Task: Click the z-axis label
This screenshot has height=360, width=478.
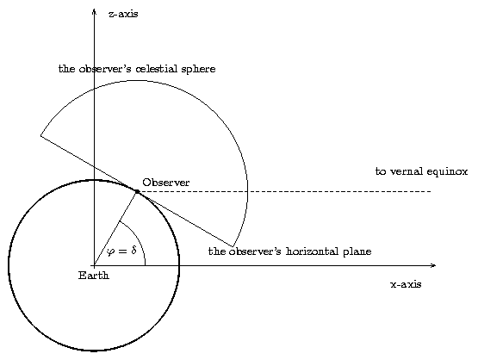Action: click(x=123, y=14)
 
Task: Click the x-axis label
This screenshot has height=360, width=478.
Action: click(x=406, y=284)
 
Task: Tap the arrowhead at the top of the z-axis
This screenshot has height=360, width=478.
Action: click(x=95, y=11)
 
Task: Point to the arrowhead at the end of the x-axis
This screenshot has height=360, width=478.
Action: click(x=433, y=265)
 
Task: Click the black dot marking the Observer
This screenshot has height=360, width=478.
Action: click(x=137, y=191)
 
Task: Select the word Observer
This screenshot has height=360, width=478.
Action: click(x=166, y=183)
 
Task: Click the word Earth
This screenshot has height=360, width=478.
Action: click(x=94, y=276)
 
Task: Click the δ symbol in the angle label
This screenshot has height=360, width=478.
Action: click(x=133, y=251)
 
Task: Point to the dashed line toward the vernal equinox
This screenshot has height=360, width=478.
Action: click(x=284, y=191)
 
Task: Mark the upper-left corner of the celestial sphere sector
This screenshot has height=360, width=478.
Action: click(x=40, y=135)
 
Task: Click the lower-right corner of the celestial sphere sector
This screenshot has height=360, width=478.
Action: click(x=233, y=246)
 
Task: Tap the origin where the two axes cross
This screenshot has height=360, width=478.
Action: click(x=95, y=265)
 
